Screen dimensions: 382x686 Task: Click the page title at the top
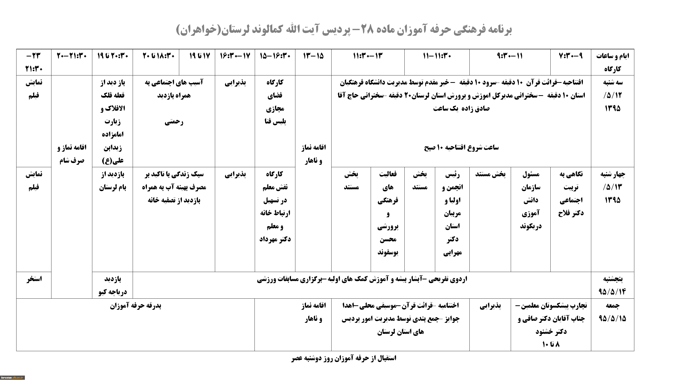[344, 29]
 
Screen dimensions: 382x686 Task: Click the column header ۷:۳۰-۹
[570, 56]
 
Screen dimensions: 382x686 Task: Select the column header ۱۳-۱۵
[313, 56]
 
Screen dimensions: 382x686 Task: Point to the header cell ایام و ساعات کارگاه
[612, 62]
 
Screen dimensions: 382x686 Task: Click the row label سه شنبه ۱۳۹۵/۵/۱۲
[612, 95]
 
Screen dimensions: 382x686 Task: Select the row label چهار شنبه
[612, 187]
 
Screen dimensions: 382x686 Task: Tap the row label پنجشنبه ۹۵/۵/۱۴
[612, 285]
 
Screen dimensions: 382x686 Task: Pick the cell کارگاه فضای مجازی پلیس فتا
[275, 102]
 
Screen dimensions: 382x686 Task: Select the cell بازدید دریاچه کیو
[112, 285]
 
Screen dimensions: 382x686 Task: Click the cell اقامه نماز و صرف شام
[72, 154]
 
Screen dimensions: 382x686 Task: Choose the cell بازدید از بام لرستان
[112, 181]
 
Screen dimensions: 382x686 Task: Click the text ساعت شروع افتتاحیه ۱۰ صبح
[461, 147]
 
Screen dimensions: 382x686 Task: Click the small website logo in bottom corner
[13, 378]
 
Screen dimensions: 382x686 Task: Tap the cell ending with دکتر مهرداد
[275, 206]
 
